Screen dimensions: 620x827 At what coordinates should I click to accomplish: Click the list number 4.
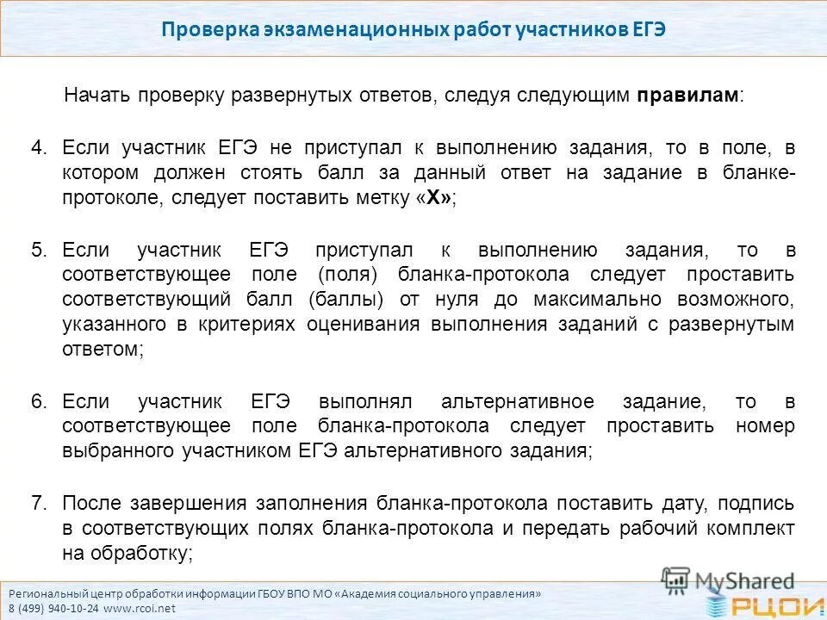[40, 147]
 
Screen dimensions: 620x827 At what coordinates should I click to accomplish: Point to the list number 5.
[40, 251]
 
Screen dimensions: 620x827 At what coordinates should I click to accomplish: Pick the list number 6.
[40, 402]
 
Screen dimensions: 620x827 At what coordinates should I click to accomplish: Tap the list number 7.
[40, 504]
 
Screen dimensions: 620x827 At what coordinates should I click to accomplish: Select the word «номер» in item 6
[766, 426]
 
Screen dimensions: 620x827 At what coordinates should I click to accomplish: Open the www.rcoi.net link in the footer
[143, 607]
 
